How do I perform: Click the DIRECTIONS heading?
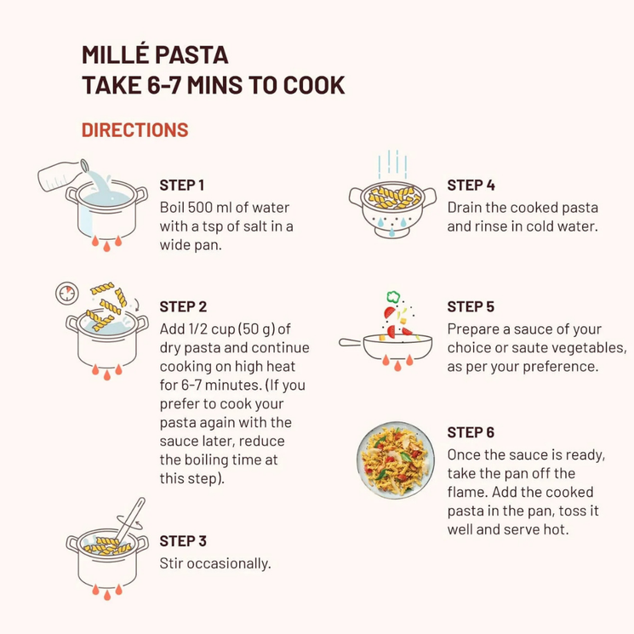[135, 130]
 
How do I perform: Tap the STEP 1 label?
[181, 186]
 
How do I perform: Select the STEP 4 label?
[471, 186]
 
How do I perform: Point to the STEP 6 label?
[471, 432]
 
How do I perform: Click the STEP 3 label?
[183, 541]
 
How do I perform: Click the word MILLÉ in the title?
[115, 55]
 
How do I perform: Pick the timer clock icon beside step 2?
[66, 293]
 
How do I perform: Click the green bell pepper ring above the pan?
[393, 297]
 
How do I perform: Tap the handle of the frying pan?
[351, 342]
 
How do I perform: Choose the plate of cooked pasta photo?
[396, 460]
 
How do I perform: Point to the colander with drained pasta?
[392, 209]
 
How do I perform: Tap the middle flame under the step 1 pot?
[106, 246]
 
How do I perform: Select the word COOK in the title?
[314, 85]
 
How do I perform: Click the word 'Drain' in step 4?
[465, 208]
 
